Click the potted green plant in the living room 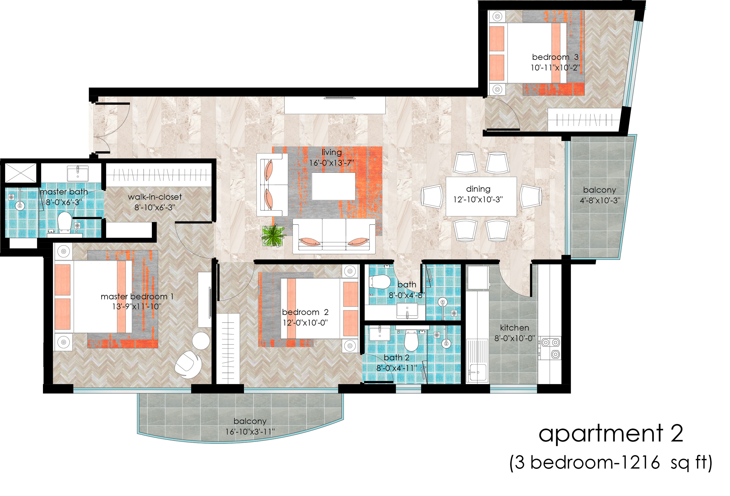273,235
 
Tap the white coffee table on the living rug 334,186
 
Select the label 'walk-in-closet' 155,197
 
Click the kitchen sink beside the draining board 478,372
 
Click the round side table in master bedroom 201,341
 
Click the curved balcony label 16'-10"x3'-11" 250,432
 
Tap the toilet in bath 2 411,341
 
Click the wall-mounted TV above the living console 340,98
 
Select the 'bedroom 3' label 555,57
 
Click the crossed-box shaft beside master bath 20,173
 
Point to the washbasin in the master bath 77,173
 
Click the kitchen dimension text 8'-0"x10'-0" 515,338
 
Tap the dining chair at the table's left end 432,196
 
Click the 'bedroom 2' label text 305,312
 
